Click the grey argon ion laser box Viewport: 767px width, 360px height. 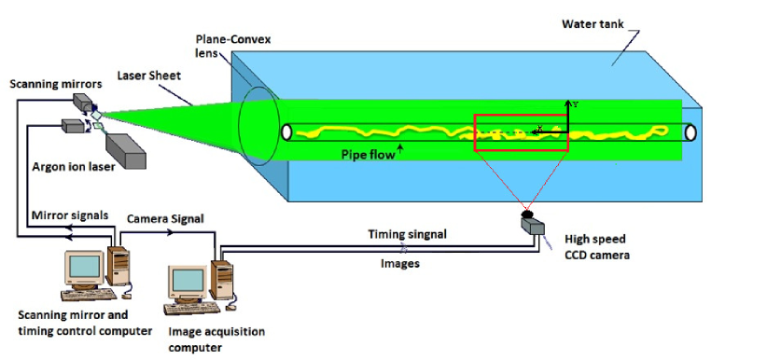(125, 150)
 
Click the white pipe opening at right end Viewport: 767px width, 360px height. (690, 132)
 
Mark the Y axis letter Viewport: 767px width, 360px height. (576, 104)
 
